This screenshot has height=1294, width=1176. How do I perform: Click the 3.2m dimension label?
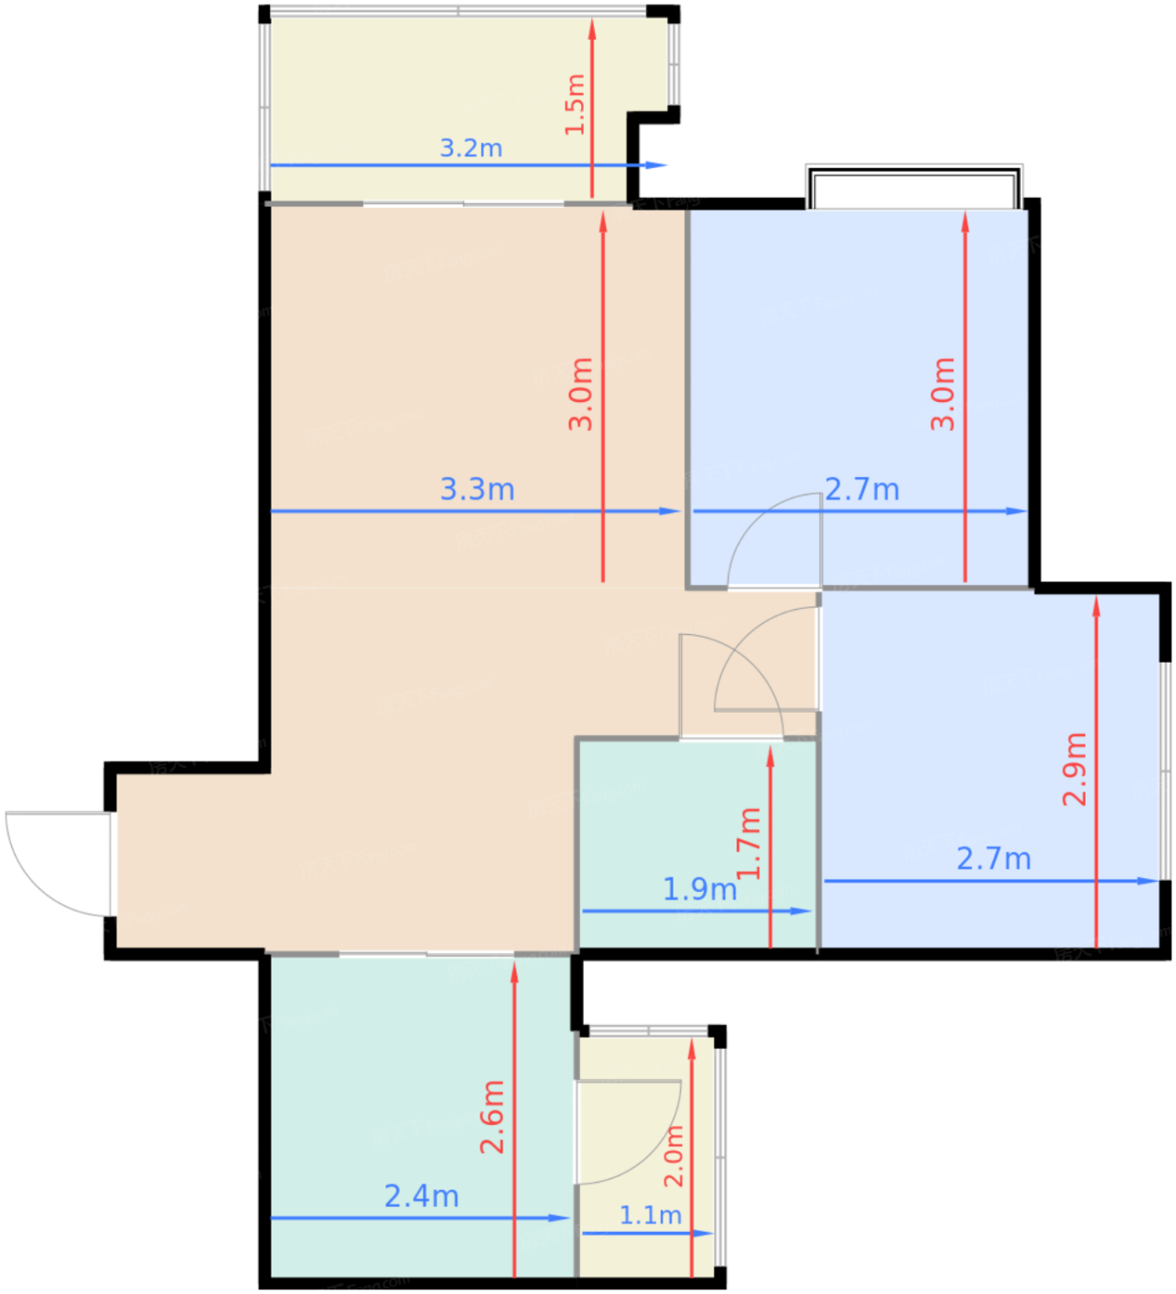(470, 148)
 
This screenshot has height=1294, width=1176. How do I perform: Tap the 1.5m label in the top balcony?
(575, 104)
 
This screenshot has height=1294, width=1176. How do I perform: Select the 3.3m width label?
(477, 489)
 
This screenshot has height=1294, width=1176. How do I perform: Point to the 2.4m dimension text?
(421, 1196)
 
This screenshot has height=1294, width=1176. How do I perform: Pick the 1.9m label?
(699, 889)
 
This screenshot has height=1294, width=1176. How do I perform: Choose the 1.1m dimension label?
(650, 1215)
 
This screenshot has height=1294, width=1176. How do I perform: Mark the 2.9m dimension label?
(1074, 769)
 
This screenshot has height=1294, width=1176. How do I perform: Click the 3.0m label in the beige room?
(580, 394)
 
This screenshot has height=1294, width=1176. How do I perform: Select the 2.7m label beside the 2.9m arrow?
(993, 859)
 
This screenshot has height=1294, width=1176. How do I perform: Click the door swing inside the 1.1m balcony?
(628, 1132)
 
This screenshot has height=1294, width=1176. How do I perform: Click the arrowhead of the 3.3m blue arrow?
(673, 510)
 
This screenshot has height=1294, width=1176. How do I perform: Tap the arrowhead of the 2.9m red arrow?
(1097, 604)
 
